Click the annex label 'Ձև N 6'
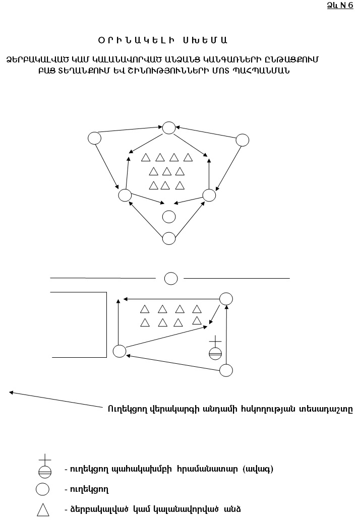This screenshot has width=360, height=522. click(x=340, y=6)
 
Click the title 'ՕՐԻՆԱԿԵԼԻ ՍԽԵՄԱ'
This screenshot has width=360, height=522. click(x=163, y=41)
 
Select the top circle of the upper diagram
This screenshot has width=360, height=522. click(x=169, y=128)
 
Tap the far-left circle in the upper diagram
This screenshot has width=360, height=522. click(x=95, y=138)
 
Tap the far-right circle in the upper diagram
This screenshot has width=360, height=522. click(x=243, y=140)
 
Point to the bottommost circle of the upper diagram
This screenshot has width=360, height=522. click(x=169, y=238)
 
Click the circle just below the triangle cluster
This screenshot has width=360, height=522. click(x=169, y=217)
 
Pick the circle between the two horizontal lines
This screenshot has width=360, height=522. click(x=171, y=278)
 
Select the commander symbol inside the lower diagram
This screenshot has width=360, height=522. click(x=215, y=348)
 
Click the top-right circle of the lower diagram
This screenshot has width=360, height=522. click(x=226, y=299)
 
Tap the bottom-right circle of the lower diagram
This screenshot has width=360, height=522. click(x=226, y=370)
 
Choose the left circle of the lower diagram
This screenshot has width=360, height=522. click(x=119, y=351)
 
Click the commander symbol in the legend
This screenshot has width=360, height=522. click(x=45, y=466)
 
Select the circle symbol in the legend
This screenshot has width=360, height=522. click(x=43, y=489)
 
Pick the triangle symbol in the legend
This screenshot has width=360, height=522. click(x=43, y=510)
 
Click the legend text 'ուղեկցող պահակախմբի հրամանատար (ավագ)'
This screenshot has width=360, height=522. click(x=169, y=470)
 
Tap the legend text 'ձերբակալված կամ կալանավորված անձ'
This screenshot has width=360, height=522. click(x=153, y=509)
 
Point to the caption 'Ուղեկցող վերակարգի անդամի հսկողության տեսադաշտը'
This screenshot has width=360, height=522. click(x=230, y=409)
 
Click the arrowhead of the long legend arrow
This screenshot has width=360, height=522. click(x=11, y=393)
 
